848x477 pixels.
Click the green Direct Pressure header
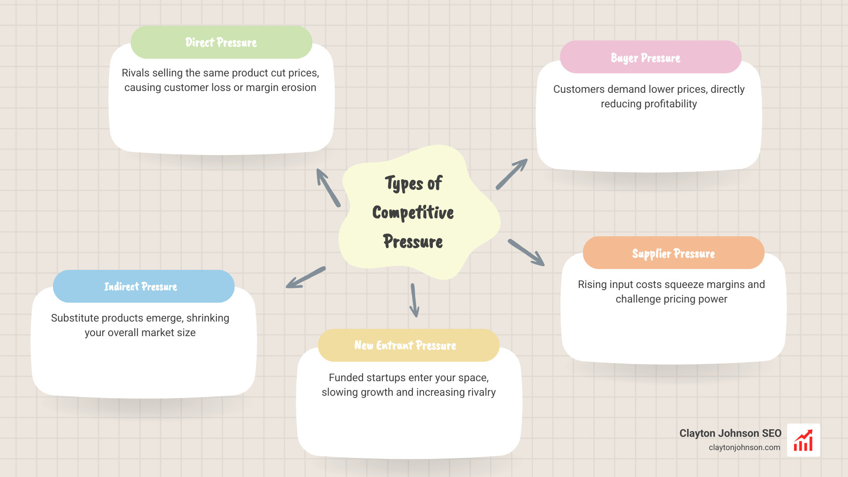tap(221, 42)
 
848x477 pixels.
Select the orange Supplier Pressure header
tap(673, 253)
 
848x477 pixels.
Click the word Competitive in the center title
tap(413, 212)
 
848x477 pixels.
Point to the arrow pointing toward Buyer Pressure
tap(511, 174)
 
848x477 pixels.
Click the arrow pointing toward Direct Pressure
tap(328, 188)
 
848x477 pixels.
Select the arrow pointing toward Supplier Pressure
tap(526, 252)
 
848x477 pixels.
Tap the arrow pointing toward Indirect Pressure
tap(306, 278)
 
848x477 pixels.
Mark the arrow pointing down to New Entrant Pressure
tap(414, 300)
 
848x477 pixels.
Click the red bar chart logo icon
tap(803, 440)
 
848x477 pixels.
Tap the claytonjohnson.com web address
tap(744, 447)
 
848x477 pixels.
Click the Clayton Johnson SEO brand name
tap(730, 433)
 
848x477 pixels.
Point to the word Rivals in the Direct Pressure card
tap(136, 73)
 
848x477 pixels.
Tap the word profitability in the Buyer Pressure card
tap(670, 104)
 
